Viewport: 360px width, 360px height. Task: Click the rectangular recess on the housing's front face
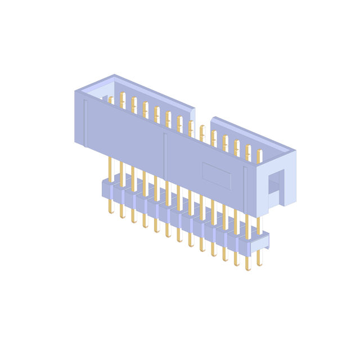tap(217, 175)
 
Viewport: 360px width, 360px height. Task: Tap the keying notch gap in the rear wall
tap(202, 121)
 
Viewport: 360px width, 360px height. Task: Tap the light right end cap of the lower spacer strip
tap(259, 244)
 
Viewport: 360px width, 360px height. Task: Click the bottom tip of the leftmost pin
tap(111, 212)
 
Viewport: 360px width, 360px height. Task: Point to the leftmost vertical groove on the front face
tap(85, 123)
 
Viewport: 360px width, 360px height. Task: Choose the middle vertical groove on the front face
tap(165, 155)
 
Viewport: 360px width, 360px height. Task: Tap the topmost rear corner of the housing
tap(114, 74)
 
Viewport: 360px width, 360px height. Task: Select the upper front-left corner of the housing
tap(75, 91)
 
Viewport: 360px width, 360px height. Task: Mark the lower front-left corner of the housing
tap(75, 141)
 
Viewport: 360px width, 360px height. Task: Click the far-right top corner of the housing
tap(296, 150)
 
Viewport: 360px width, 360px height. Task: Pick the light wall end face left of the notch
tap(192, 116)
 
